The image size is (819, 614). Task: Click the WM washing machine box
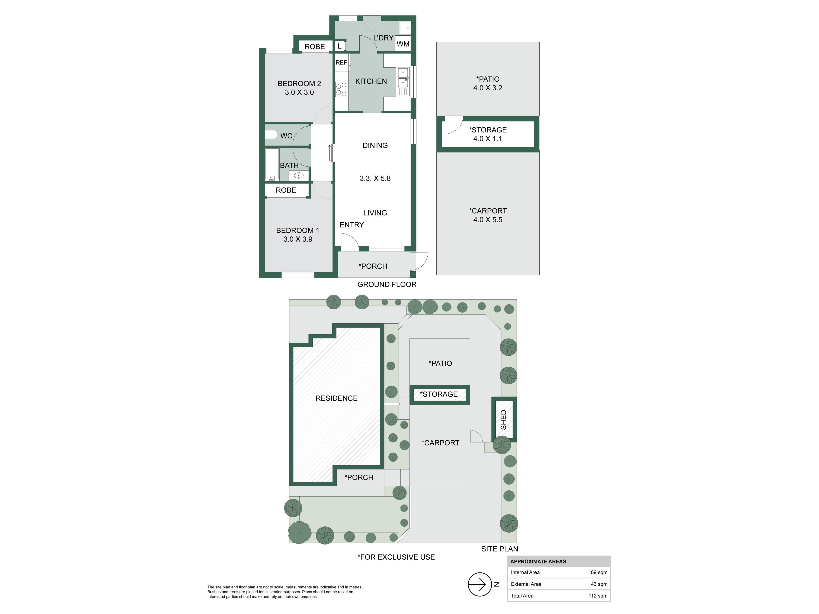pyautogui.click(x=403, y=44)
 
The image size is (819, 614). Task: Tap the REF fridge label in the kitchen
pyautogui.click(x=341, y=62)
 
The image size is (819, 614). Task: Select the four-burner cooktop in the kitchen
pyautogui.click(x=341, y=89)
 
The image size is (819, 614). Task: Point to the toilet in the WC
pyautogui.click(x=271, y=134)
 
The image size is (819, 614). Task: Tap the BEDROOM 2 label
pyautogui.click(x=299, y=84)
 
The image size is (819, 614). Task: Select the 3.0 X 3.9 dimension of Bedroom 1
pyautogui.click(x=298, y=239)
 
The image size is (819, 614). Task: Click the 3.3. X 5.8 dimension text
pyautogui.click(x=375, y=178)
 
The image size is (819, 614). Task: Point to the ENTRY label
pyautogui.click(x=352, y=225)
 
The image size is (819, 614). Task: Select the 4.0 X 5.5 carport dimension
pyautogui.click(x=488, y=220)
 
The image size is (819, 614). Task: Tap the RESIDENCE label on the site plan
pyautogui.click(x=337, y=398)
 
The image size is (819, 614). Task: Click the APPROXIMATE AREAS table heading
pyautogui.click(x=538, y=561)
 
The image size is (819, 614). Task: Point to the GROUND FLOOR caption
pyautogui.click(x=387, y=284)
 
